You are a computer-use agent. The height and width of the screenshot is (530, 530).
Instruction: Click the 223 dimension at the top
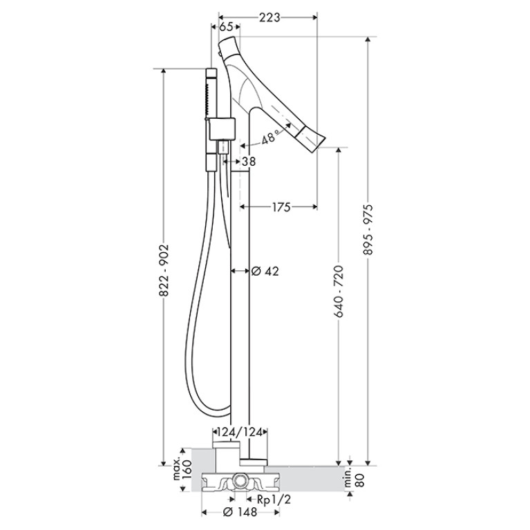pyautogui.click(x=269, y=17)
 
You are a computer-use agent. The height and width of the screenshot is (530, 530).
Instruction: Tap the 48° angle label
pyautogui.click(x=270, y=137)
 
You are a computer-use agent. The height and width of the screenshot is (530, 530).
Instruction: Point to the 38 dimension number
pyautogui.click(x=249, y=162)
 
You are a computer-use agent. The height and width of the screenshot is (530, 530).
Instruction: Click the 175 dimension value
pyautogui.click(x=281, y=207)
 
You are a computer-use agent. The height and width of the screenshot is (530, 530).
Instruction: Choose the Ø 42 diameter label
pyautogui.click(x=265, y=271)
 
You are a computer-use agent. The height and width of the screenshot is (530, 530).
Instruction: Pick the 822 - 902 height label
pyautogui.click(x=164, y=271)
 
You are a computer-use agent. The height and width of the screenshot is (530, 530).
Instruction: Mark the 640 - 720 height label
pyautogui.click(x=339, y=292)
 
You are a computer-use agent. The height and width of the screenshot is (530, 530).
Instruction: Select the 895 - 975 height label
pyautogui.click(x=368, y=229)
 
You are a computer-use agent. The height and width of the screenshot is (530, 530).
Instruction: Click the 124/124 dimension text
pyautogui.click(x=240, y=432)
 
